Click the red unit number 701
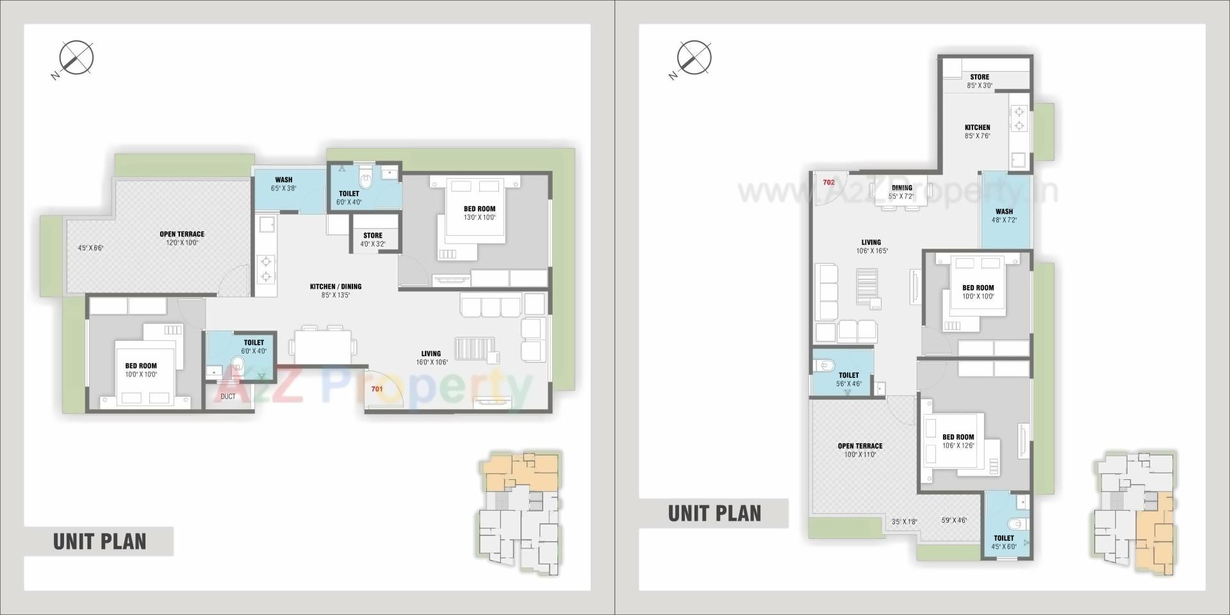point(377,389)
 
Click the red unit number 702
point(828,183)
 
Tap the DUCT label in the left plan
point(228,397)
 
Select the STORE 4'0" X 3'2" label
point(373,240)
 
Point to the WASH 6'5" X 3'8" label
point(284,184)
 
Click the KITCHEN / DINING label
point(336,291)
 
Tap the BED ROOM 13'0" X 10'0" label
point(479,213)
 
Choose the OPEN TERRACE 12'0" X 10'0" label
point(182,238)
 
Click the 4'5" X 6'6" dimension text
point(90,248)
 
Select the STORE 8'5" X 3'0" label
point(980,81)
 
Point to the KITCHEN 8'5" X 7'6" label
point(978,131)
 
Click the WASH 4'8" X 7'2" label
point(1004,215)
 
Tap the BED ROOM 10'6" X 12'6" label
point(958,441)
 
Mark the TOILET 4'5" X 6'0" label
point(1004,542)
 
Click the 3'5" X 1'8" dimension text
point(905,521)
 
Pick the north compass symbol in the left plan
point(76,58)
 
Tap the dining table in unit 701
point(323,347)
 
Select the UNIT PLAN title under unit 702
point(714,513)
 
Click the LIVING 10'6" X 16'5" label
point(871,247)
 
